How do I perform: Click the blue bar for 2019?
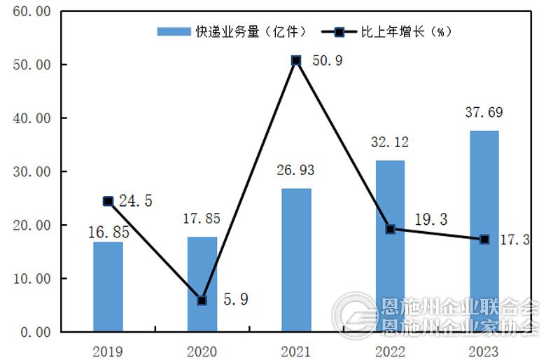[108, 286]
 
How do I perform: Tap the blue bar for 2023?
[484, 231]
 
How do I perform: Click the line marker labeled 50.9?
[296, 60]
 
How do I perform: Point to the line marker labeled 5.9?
[202, 300]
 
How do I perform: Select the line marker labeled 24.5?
[108, 201]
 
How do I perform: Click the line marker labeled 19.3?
[391, 229]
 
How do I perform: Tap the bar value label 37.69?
[484, 113]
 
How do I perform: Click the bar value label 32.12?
[390, 143]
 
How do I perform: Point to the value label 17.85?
[202, 219]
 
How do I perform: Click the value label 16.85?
[108, 232]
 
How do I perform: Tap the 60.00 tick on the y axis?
[32, 12]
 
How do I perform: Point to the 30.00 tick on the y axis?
[32, 172]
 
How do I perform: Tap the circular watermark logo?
[354, 315]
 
